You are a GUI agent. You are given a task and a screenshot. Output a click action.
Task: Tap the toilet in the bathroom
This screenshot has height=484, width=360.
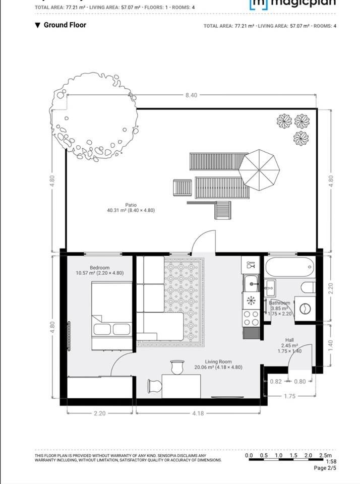tap(307, 288)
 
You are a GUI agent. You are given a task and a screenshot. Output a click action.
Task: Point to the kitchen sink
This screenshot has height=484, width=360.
tap(251, 284)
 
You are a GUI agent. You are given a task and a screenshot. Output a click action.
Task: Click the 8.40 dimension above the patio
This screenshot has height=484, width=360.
tap(191, 95)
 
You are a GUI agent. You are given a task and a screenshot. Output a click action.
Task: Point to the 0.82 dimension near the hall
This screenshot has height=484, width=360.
tap(276, 382)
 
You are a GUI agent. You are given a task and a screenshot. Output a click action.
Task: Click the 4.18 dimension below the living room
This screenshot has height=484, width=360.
tap(198, 413)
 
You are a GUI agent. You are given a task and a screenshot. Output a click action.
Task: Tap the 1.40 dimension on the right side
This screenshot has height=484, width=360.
tap(331, 345)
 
